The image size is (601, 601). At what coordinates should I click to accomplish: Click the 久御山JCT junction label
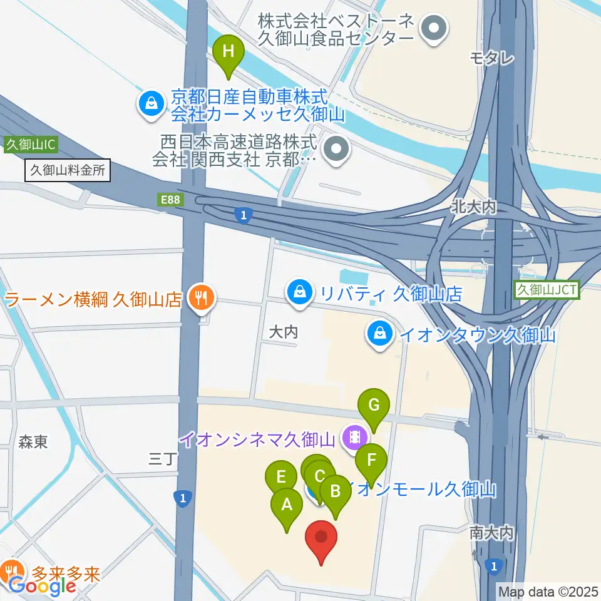(x=547, y=289)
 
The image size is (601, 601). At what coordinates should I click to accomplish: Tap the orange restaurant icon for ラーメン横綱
(x=202, y=296)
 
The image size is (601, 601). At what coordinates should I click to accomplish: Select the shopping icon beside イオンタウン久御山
(x=380, y=333)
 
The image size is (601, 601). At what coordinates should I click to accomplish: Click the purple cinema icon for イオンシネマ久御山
(x=355, y=436)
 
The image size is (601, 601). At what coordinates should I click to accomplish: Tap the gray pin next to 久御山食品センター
(x=433, y=28)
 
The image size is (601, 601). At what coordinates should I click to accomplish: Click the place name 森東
(x=33, y=443)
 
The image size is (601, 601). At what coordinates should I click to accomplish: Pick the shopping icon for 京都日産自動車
(x=152, y=101)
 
